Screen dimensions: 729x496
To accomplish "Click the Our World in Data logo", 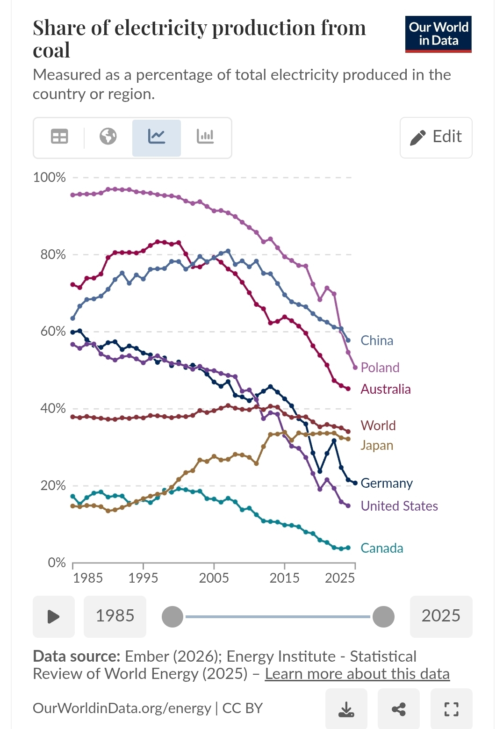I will [x=438, y=34].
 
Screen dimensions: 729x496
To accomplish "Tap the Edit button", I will [x=436, y=137].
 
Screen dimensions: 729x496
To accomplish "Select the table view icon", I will [x=59, y=137].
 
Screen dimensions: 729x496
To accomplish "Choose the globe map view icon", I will [x=108, y=137].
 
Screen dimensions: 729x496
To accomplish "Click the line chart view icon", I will [x=157, y=137].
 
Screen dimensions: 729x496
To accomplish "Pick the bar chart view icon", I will [x=205, y=137].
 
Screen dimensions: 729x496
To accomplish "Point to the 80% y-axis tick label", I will [x=53, y=255].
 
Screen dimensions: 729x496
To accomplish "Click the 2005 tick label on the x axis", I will [x=214, y=578].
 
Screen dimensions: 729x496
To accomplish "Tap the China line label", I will [x=377, y=341].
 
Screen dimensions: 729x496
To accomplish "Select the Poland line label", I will [x=380, y=368].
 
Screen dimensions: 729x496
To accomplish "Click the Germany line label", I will [x=387, y=483].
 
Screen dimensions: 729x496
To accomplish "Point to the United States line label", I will [x=399, y=506].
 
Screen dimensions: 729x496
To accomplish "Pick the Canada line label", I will [x=382, y=548].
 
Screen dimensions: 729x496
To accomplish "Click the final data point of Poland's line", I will [x=355, y=368].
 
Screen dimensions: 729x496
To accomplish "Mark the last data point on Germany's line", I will [x=355, y=483].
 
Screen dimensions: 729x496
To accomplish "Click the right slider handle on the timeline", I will [x=383, y=617].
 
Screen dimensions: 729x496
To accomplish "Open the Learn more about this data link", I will [x=357, y=674].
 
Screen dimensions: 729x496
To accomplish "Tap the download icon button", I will [x=346, y=709].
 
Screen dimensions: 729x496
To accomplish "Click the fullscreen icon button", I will [x=451, y=709].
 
